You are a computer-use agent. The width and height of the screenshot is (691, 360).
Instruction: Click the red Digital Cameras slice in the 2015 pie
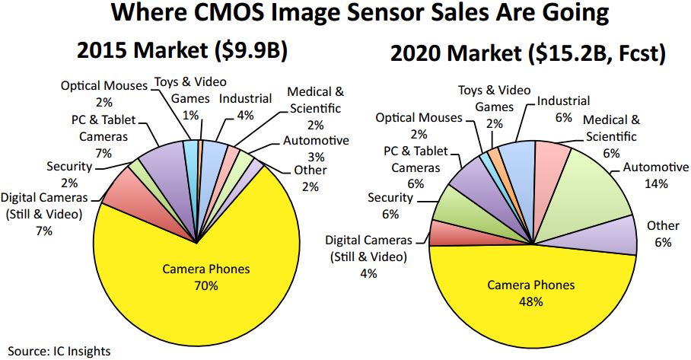[x=122, y=202]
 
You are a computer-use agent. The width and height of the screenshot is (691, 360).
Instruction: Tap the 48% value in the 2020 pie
[x=532, y=301]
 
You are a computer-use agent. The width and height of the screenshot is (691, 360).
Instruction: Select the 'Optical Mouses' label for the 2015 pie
[x=103, y=85]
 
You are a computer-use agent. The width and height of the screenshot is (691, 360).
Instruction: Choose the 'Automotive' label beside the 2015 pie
[x=315, y=140]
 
